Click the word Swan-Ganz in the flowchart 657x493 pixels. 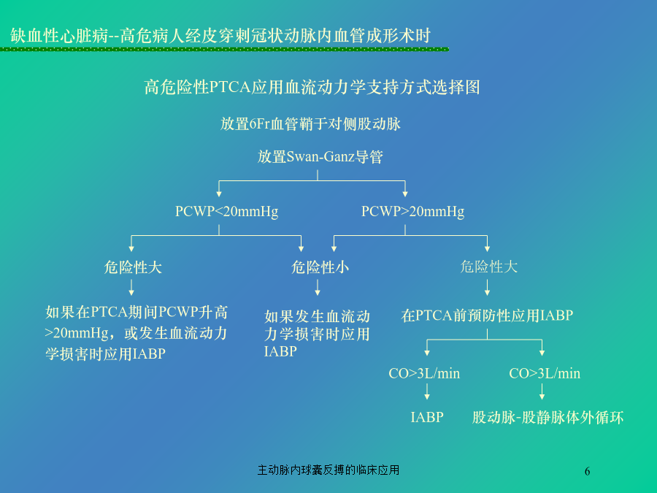[320, 157]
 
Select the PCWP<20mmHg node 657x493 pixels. [227, 211]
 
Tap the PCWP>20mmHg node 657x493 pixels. [412, 211]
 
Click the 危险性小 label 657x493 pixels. [320, 267]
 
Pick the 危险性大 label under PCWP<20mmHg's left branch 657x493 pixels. [133, 267]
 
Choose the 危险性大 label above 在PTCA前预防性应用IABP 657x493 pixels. [489, 267]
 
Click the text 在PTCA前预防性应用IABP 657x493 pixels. [487, 316]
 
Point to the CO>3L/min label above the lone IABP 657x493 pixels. [424, 373]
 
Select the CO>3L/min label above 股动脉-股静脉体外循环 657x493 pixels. [545, 373]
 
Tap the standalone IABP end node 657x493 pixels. [427, 417]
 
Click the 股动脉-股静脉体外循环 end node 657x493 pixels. [548, 418]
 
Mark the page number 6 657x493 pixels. [587, 471]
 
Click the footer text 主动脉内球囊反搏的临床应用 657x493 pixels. [328, 470]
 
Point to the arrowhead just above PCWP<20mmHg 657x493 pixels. [219, 194]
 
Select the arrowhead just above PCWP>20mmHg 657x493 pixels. [404, 194]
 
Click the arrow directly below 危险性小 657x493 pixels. [318, 287]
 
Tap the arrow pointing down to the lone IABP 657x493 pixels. [427, 391]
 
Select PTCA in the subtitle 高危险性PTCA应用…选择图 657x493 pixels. [230, 87]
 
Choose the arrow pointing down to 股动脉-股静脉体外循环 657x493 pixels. [542, 391]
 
